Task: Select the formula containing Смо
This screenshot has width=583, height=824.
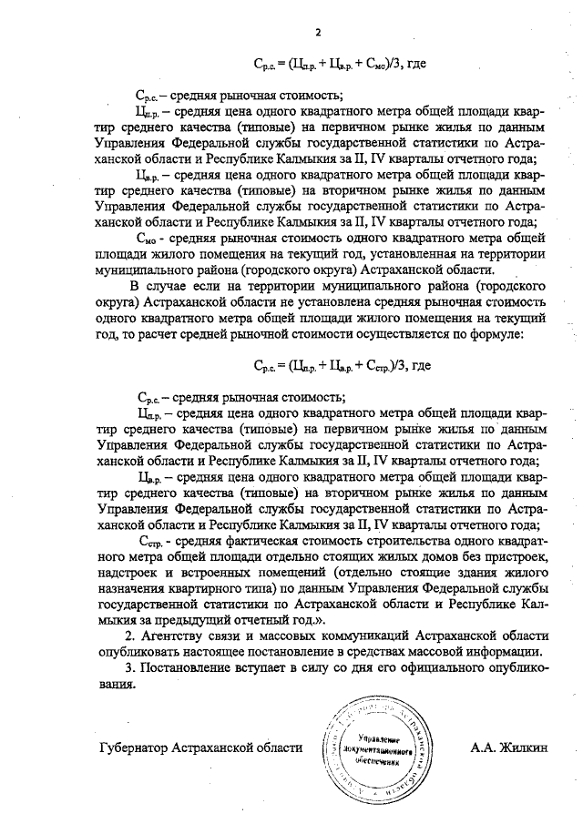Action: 340,64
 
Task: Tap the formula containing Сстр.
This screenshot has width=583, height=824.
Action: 340,365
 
